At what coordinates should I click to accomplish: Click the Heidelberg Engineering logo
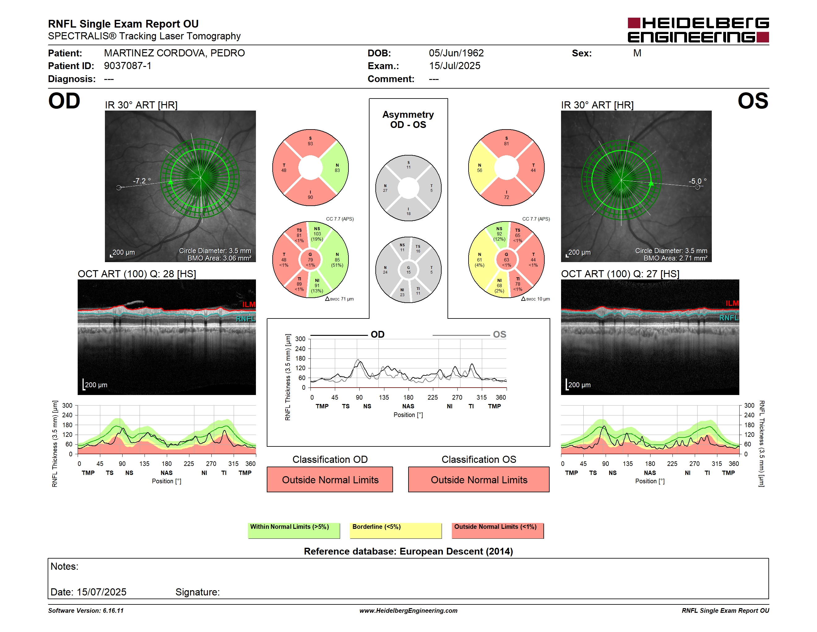pos(698,30)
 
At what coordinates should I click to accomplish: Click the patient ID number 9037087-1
pos(128,66)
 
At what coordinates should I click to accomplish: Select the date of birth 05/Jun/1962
pos(456,53)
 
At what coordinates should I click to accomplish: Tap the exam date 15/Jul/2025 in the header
pos(455,66)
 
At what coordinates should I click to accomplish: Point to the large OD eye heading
pos(64,101)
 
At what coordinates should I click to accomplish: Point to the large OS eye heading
pos(753,101)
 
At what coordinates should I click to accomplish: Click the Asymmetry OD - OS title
pos(408,120)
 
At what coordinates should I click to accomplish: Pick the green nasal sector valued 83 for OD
pos(335,168)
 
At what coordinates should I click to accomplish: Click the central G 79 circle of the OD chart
pos(310,260)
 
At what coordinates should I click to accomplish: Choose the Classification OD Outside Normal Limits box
pos(330,480)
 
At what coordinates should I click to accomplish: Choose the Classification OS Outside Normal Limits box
pos(479,480)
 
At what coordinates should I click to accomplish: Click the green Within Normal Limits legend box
pos(294,530)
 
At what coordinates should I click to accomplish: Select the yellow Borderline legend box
pos(396,530)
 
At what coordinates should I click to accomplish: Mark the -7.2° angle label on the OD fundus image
pos(142,181)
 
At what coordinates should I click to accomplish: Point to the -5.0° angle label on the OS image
pos(698,181)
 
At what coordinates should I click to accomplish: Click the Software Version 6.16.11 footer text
pos(86,611)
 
